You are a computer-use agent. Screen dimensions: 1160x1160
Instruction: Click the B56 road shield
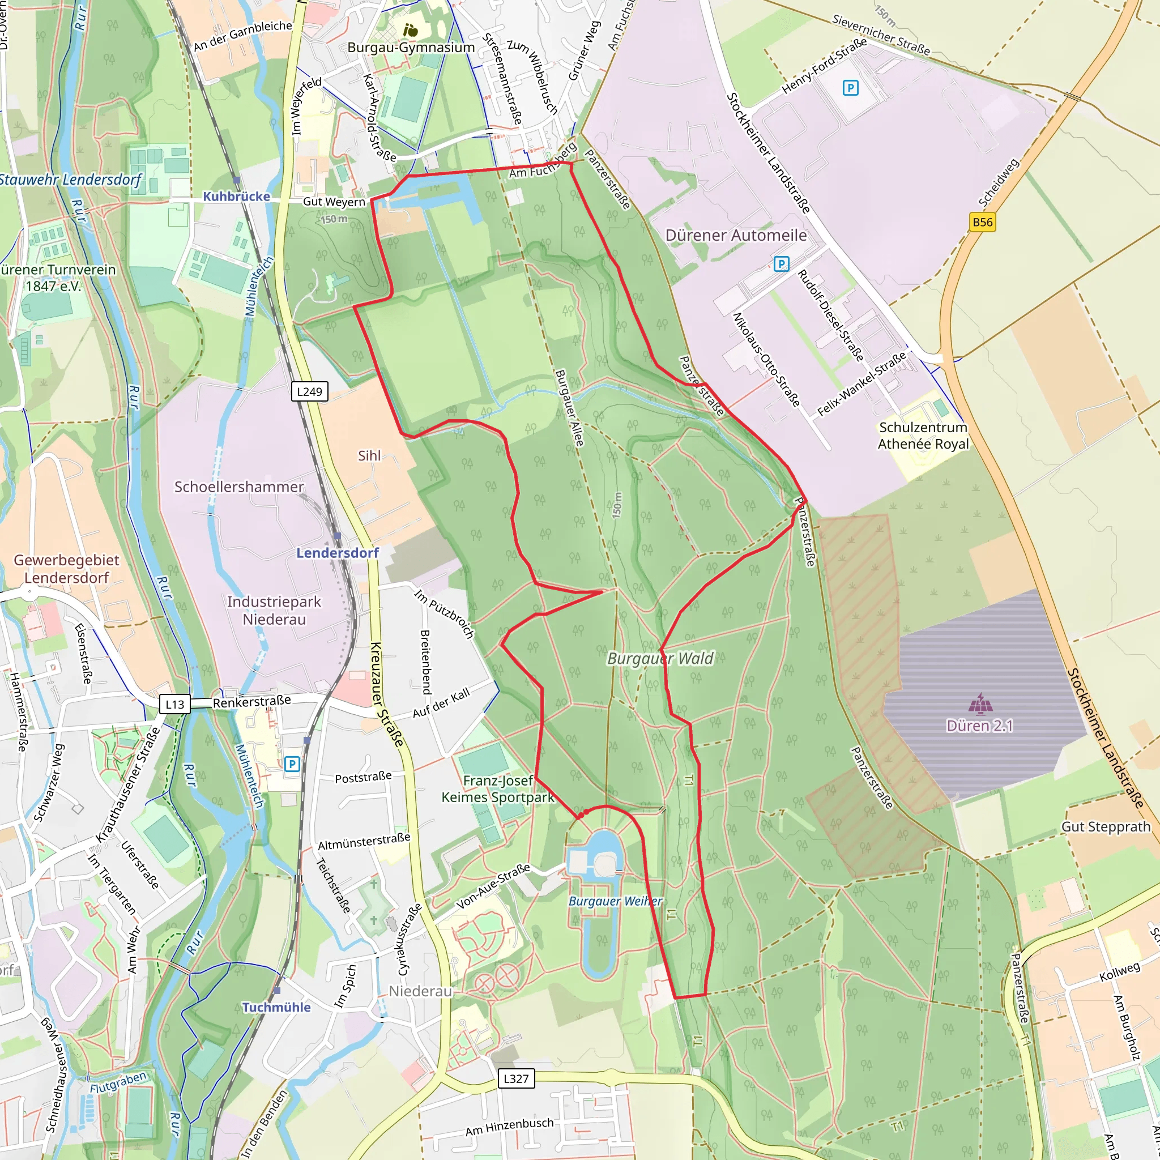click(x=982, y=222)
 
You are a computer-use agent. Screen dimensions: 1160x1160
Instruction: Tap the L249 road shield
click(x=310, y=391)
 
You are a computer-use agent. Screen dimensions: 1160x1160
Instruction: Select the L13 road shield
click(x=174, y=703)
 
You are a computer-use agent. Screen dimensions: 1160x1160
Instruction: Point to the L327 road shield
click(x=516, y=1078)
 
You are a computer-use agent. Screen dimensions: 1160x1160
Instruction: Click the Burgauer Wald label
click(x=660, y=659)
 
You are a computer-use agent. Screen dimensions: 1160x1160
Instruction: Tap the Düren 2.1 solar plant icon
click(x=980, y=703)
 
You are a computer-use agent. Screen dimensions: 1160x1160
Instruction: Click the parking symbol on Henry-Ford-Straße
click(x=850, y=88)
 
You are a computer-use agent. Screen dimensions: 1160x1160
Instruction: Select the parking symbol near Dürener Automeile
click(x=781, y=263)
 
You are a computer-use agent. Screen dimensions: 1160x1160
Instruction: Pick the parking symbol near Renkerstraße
click(x=292, y=764)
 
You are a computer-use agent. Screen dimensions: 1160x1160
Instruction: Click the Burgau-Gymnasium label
click(x=411, y=48)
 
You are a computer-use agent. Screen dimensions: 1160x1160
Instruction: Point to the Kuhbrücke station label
click(x=237, y=197)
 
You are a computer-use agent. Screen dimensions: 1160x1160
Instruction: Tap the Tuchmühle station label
click(x=276, y=1007)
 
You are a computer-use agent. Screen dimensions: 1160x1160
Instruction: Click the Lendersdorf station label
click(x=338, y=552)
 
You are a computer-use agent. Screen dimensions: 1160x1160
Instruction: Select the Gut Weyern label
click(x=334, y=202)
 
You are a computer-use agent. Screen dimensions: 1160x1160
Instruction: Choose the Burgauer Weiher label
click(x=616, y=901)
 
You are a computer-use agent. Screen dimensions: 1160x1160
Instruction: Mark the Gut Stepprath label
click(x=1106, y=827)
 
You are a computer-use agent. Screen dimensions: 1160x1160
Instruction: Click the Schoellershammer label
click(x=239, y=487)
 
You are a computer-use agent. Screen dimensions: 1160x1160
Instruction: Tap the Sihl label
click(x=369, y=456)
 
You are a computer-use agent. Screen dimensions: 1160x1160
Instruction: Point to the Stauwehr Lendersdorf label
click(x=70, y=180)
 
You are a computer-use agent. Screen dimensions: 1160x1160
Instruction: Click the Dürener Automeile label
click(x=736, y=236)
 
